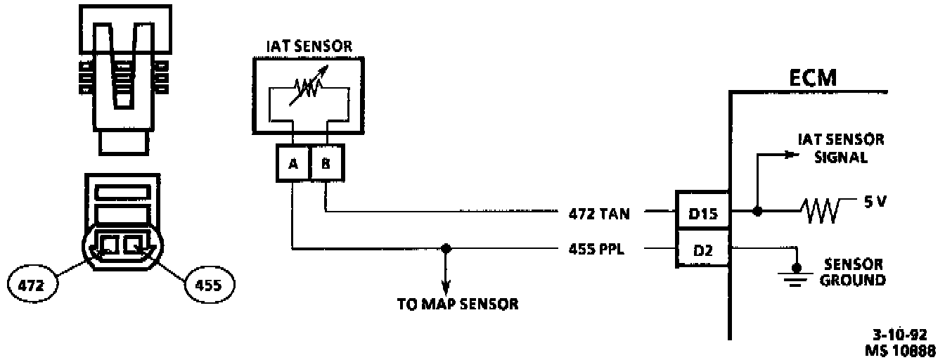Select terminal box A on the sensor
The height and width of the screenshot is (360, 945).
point(291,165)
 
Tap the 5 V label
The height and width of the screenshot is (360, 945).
point(875,202)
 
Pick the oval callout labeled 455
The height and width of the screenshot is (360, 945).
point(209,285)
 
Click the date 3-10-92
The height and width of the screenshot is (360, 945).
point(904,334)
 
